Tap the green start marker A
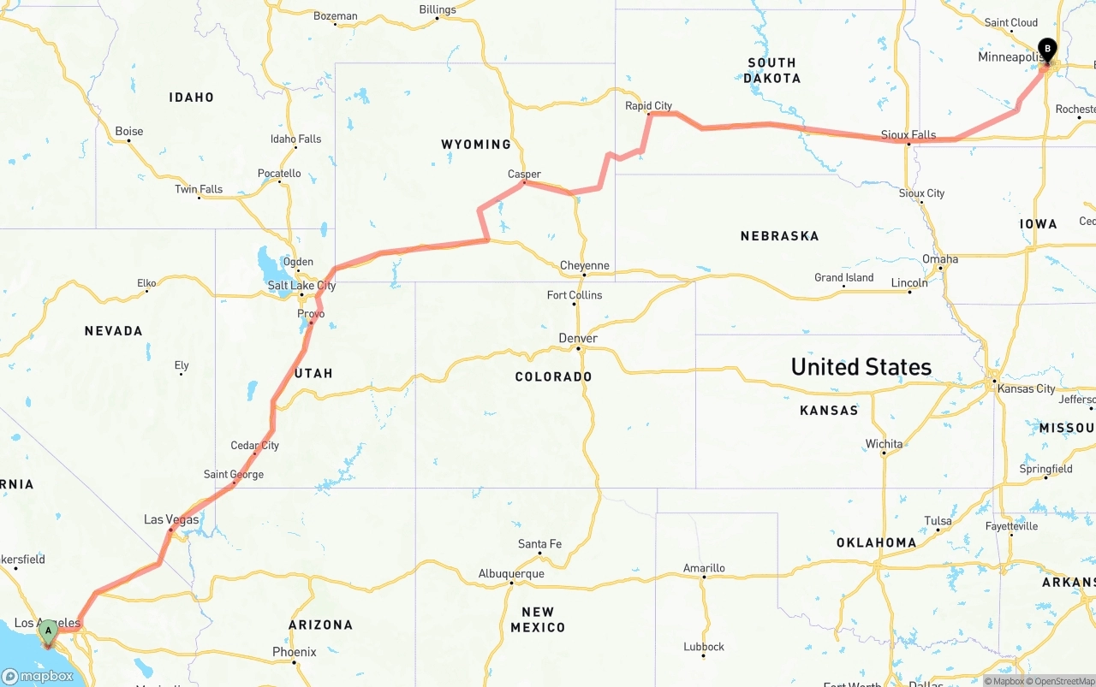(x=48, y=632)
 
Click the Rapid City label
(x=648, y=106)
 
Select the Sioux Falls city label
(x=908, y=135)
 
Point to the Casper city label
(x=524, y=175)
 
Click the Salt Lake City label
(x=301, y=286)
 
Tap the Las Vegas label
(x=171, y=519)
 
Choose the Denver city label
(x=578, y=339)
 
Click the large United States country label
(x=861, y=367)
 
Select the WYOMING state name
(x=476, y=145)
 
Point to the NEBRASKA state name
(x=779, y=236)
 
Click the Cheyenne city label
(x=584, y=266)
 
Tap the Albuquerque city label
(x=511, y=574)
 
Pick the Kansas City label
(x=1027, y=388)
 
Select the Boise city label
(x=129, y=132)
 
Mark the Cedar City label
(x=254, y=446)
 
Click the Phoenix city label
(x=295, y=652)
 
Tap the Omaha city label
(x=940, y=259)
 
